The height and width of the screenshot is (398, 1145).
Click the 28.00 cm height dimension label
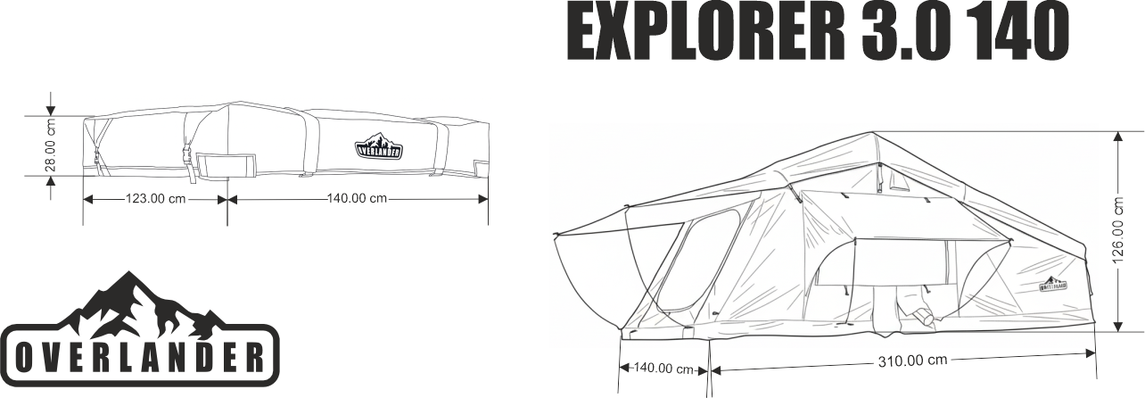(x=51, y=145)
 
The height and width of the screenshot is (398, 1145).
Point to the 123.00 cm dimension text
(x=155, y=199)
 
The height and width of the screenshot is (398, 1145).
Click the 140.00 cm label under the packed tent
(x=357, y=198)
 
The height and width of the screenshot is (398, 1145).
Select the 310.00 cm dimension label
(x=902, y=361)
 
